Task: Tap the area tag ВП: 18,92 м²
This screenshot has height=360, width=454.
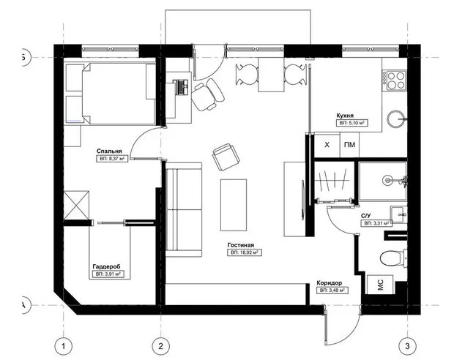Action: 245,252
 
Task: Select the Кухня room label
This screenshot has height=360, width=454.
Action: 346,116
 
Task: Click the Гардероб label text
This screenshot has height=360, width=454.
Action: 107,266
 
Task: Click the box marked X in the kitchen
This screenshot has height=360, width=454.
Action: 327,145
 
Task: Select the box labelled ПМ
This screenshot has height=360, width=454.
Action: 349,145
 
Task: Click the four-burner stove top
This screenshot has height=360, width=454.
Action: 395,79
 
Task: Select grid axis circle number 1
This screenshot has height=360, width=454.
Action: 64,345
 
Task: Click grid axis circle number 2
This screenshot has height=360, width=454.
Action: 161,345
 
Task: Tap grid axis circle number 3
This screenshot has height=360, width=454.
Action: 407,345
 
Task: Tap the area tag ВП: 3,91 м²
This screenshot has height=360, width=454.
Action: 108,274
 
